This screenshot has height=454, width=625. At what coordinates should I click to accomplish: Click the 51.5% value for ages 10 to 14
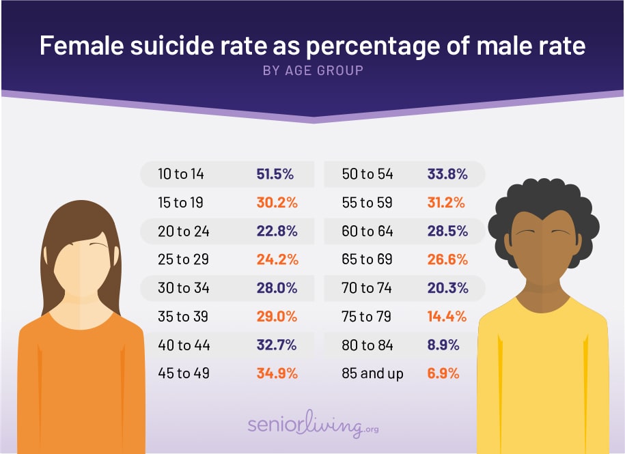275,174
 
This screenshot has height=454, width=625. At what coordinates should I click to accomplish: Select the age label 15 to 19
180,203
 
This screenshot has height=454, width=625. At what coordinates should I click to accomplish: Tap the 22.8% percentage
277,231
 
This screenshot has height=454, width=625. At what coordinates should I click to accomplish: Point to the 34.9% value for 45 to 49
277,373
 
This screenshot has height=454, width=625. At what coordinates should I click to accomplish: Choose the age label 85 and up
372,373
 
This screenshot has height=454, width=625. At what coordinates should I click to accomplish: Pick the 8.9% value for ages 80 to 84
446,345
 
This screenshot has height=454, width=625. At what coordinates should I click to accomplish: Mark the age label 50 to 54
367,174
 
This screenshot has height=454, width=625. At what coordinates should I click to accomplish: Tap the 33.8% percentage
447,174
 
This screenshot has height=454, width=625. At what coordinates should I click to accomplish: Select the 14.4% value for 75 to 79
446,317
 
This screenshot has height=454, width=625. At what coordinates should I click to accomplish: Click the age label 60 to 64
367,231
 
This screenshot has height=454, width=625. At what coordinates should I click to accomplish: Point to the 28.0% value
277,288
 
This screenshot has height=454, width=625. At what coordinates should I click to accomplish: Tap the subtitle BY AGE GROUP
313,70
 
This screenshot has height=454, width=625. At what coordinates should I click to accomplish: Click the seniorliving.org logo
313,425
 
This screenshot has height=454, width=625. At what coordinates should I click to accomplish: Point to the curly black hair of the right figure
543,201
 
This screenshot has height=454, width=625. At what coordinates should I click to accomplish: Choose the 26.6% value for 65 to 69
447,259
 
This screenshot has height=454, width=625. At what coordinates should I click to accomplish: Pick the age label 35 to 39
183,317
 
